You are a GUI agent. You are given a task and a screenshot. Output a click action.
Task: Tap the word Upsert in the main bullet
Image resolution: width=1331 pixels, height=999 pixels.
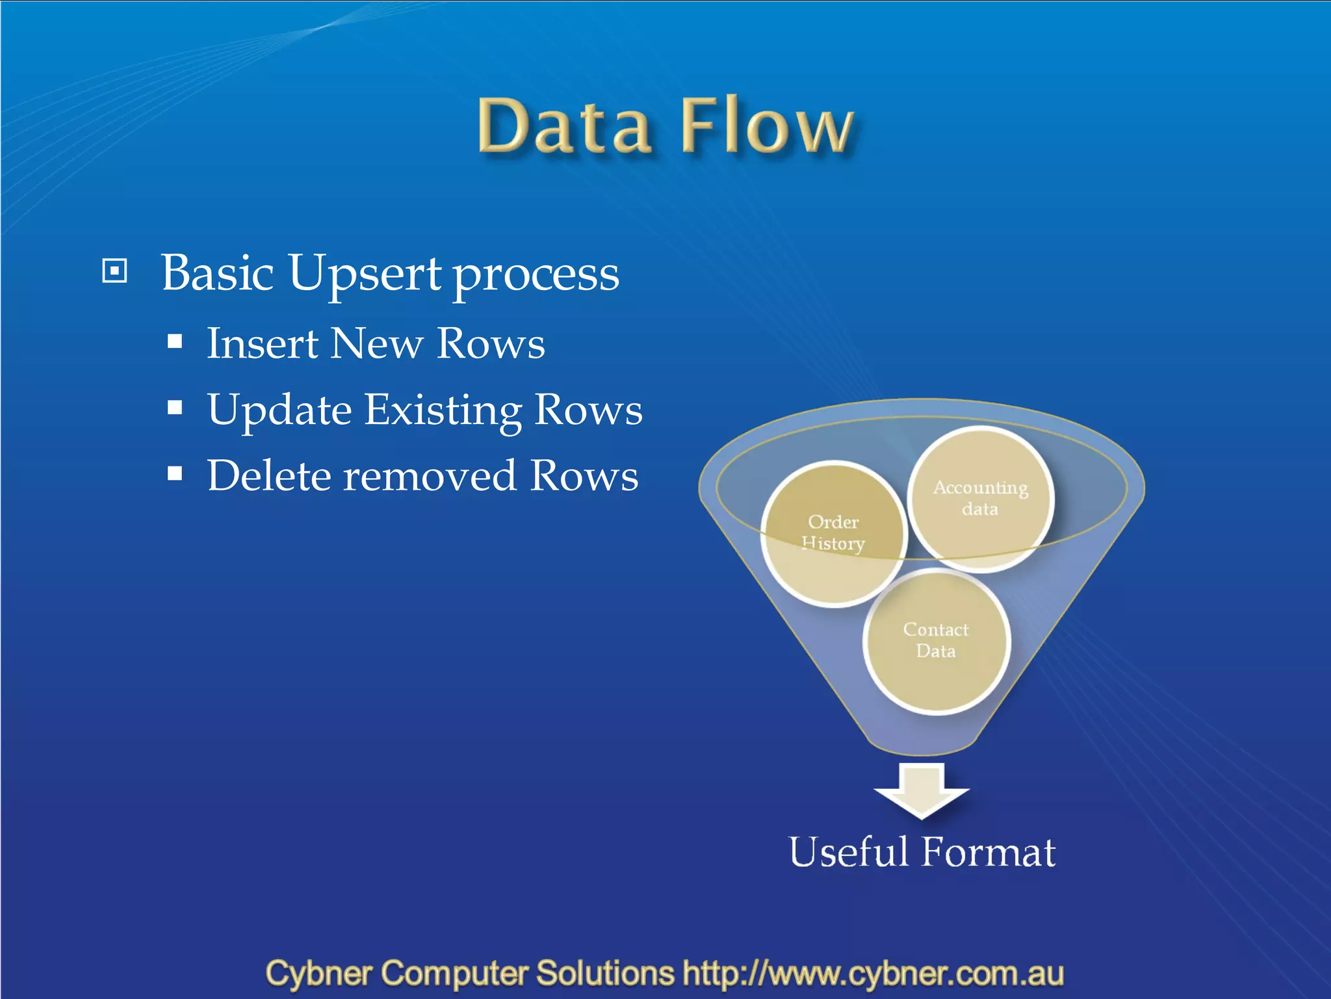point(365,274)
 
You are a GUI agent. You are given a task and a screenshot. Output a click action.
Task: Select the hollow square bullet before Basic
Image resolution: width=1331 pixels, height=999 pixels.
point(114,271)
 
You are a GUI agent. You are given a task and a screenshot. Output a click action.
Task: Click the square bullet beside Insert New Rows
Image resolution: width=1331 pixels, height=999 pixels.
point(174,341)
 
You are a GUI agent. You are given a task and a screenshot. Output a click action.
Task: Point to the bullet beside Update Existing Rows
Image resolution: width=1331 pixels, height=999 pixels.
point(174,408)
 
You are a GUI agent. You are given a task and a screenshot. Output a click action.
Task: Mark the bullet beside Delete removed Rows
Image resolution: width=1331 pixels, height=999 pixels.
point(174,473)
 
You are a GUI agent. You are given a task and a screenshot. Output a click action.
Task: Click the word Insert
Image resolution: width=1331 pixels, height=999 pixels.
point(262,343)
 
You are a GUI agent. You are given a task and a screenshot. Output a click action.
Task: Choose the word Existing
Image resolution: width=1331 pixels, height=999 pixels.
point(443,410)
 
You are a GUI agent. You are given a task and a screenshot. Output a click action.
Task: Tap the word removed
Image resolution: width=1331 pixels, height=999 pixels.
point(430,475)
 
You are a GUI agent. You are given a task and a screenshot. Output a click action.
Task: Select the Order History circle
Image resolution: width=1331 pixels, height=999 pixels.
point(833,533)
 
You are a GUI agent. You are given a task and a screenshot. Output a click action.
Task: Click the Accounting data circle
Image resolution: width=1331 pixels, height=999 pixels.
point(980,498)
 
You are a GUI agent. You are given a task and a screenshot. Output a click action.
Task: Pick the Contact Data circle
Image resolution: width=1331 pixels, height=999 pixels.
point(936,641)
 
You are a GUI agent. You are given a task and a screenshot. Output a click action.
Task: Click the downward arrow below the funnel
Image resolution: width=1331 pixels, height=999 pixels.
point(922,790)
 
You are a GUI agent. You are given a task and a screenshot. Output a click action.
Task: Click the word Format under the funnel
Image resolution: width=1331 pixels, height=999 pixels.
point(989,851)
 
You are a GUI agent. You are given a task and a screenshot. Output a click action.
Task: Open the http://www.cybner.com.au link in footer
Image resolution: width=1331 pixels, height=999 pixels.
point(873,974)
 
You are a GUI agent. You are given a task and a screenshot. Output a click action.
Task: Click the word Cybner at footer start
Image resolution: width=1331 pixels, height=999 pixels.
point(318,974)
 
